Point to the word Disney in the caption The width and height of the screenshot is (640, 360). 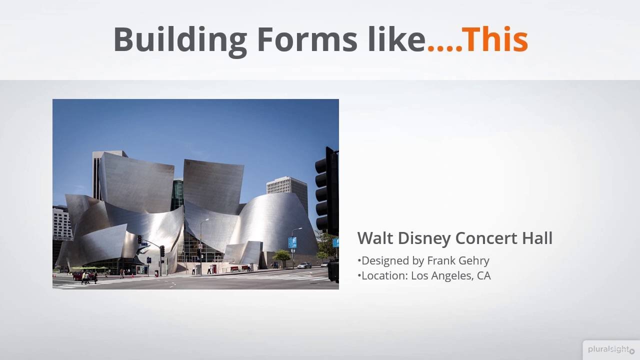point(423,238)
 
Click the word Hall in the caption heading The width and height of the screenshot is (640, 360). point(537,238)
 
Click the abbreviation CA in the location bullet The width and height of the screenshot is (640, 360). point(483,275)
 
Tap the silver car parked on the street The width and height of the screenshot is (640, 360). point(304,265)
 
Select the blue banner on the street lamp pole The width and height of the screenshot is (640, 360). point(292,242)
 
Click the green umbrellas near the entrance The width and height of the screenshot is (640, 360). point(90,268)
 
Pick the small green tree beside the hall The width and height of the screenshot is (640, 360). point(281,256)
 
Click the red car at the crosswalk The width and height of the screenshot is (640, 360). point(78,275)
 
